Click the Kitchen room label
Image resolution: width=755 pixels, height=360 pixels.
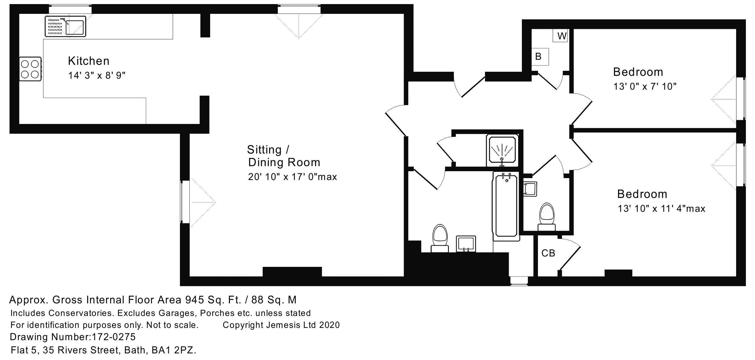[89, 61]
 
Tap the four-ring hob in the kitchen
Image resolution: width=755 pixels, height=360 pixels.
[30, 69]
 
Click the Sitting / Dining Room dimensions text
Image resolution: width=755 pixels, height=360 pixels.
[292, 177]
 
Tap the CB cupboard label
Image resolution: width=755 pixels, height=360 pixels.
[548, 253]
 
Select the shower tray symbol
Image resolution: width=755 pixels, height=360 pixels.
[502, 151]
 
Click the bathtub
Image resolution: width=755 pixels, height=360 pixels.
[506, 206]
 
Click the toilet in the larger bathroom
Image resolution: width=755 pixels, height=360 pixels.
[440, 238]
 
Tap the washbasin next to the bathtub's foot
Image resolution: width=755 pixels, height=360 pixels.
[466, 244]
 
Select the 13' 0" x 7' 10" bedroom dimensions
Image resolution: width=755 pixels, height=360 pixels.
[645, 87]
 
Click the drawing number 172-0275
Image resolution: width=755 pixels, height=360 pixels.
[113, 337]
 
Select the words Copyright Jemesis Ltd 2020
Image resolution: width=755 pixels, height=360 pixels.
[281, 325]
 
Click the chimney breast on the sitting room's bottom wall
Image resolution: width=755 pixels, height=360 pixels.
[292, 272]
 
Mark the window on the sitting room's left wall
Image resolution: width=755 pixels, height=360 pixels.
[185, 202]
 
